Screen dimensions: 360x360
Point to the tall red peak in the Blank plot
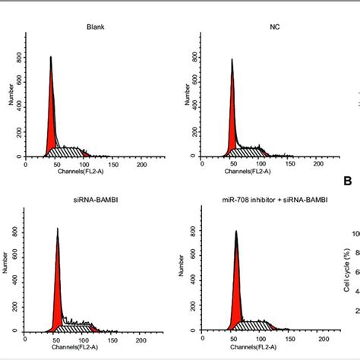[51, 114]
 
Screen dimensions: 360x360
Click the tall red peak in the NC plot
[232, 114]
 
